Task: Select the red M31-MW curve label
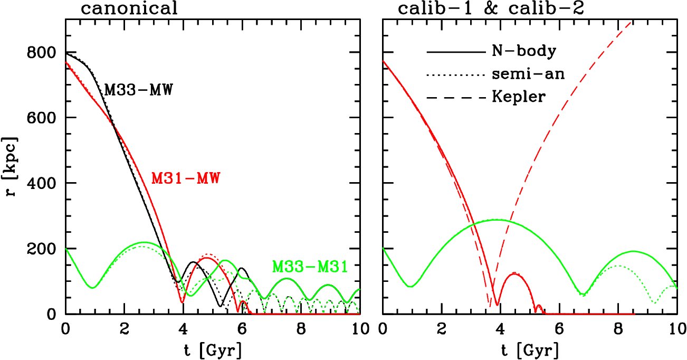[185, 178]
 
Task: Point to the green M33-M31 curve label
[310, 267]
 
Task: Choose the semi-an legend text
[528, 74]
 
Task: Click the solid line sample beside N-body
[455, 52]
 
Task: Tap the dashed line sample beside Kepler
[455, 98]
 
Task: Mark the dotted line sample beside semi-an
[455, 75]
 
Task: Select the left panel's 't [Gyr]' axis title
[213, 350]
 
